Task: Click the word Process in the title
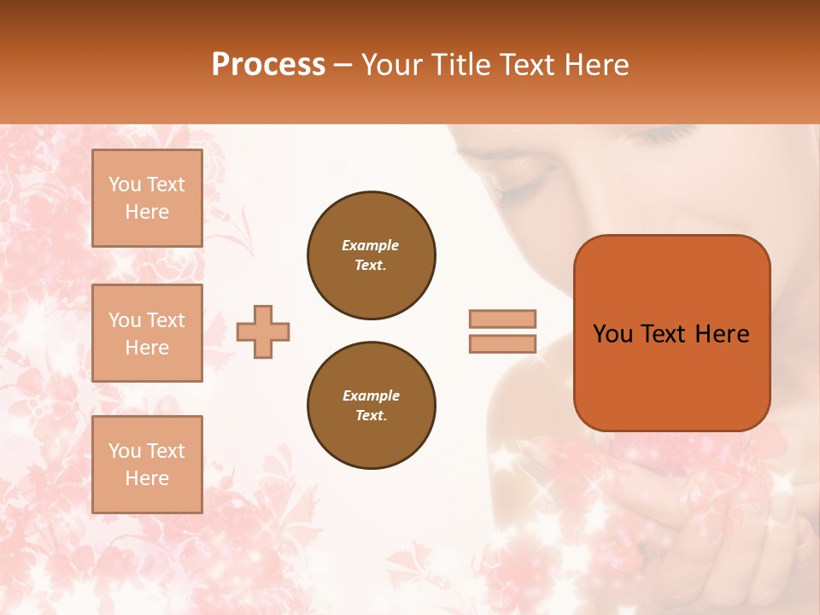tap(268, 65)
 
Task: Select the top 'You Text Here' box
tap(147, 198)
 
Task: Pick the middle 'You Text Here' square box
tap(147, 333)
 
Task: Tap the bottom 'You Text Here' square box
tap(147, 464)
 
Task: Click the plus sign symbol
tap(263, 331)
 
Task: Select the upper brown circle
tap(372, 255)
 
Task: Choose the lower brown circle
tap(372, 405)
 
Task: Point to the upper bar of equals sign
tap(503, 319)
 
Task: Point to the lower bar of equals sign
tap(503, 343)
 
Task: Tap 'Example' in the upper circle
tap(371, 245)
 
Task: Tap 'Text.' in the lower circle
tap(371, 415)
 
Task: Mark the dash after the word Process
tap(343, 66)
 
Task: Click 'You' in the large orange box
tap(612, 334)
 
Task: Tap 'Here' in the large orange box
tap(723, 334)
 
